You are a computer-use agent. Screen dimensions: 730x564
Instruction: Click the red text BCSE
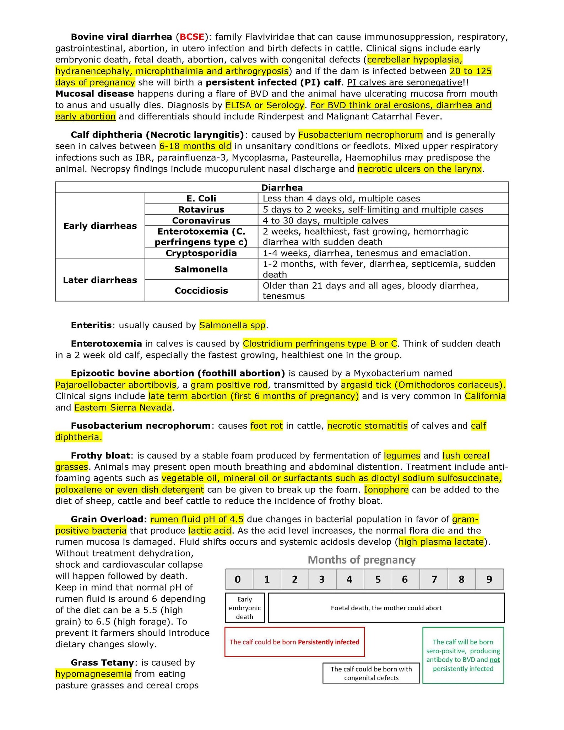tap(192, 37)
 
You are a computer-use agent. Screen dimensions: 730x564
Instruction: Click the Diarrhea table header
tap(282, 188)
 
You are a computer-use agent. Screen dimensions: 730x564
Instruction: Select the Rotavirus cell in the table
tap(201, 209)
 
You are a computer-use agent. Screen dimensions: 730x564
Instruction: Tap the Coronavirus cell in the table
tap(201, 220)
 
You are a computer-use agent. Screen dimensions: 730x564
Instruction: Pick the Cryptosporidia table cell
tap(201, 253)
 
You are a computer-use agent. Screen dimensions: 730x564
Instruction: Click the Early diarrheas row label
tap(100, 226)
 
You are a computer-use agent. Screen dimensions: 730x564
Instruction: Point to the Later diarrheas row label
tap(100, 280)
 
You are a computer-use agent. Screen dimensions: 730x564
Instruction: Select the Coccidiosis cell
tap(201, 291)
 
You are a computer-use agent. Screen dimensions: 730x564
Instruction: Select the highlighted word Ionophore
tap(386, 490)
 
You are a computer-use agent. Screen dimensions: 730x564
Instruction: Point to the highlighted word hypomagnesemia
tap(93, 674)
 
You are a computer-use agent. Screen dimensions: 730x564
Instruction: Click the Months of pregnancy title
tap(362, 560)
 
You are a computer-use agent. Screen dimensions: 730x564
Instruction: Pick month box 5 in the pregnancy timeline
tap(378, 579)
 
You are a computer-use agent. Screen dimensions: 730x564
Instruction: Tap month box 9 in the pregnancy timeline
tap(489, 579)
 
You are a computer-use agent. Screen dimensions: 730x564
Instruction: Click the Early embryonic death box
tap(245, 608)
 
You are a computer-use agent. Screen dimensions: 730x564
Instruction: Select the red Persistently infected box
tap(294, 642)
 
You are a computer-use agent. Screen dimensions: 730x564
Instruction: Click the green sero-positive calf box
tap(463, 655)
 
